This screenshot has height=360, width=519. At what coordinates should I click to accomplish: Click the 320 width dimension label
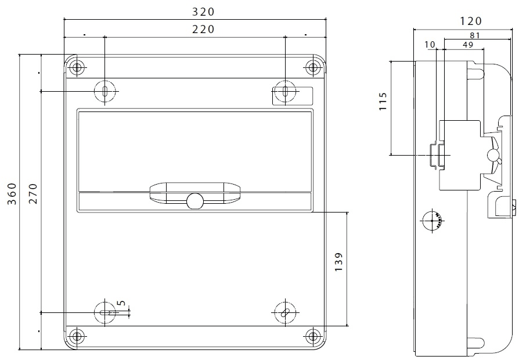coord(203,12)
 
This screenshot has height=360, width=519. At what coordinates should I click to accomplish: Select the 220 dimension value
coord(203,30)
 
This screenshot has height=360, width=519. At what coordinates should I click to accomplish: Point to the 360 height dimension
coord(12,194)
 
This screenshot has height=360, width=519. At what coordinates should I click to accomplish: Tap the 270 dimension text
coord(33,194)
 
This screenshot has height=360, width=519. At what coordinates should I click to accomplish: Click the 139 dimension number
coord(338,262)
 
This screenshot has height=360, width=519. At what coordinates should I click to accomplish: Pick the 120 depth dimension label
coord(471,21)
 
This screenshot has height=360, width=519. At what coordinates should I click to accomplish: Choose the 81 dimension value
coord(474,35)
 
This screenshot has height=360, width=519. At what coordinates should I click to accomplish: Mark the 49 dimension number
coord(468,44)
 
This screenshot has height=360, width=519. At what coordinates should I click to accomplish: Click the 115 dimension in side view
coord(383,102)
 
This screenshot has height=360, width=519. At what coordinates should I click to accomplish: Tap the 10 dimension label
coord(430,44)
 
